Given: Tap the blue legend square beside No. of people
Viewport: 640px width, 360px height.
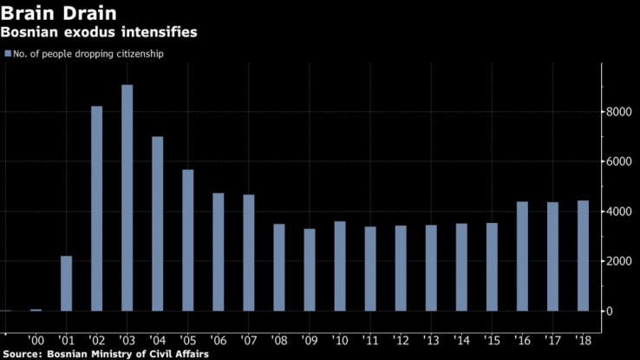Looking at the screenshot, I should [8, 54].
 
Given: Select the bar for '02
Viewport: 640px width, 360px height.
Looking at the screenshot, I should [97, 208].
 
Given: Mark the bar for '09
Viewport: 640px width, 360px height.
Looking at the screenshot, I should [310, 270].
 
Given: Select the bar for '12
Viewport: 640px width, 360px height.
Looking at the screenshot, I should [401, 268].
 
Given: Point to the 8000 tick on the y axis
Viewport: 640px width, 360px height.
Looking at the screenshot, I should [617, 112].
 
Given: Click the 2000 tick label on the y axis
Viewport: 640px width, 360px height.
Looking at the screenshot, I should [617, 261].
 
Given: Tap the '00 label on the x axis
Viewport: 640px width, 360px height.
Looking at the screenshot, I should [36, 340].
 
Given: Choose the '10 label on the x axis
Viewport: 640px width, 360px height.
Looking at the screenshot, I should [340, 340].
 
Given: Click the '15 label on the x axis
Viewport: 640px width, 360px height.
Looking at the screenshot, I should [492, 340].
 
